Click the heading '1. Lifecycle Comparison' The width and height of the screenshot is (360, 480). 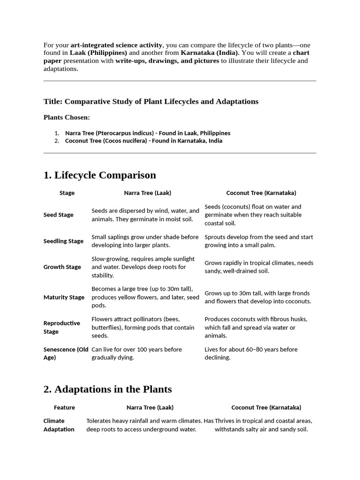coord(99,175)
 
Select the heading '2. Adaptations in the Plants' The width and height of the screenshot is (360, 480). coord(107,389)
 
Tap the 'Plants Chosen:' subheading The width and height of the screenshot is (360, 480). coord(67,117)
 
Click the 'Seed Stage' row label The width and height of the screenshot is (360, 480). coord(59,215)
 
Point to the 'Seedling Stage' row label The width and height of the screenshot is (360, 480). coord(63,241)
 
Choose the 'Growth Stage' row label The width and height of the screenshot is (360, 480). coord(62,267)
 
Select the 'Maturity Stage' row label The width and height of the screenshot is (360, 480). coord(64,297)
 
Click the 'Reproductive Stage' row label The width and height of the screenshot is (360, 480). coord(61,327)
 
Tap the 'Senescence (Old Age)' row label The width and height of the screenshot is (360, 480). coord(66,353)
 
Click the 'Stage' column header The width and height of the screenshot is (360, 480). coord(67,193)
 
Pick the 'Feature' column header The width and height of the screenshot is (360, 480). coord(64,407)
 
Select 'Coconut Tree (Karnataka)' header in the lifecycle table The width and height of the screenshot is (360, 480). coord(261,193)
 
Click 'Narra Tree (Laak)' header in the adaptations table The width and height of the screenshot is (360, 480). coord(150,407)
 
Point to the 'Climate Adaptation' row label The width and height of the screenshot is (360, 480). coord(59,425)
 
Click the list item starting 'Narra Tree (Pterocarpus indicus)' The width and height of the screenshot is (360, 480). coord(148,133)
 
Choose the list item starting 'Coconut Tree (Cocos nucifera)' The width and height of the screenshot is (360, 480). coord(143,141)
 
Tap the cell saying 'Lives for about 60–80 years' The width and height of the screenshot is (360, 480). coord(251,353)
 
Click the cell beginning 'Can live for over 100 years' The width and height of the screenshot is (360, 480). coord(136,353)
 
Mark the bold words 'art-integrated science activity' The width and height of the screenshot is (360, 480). coord(116,45)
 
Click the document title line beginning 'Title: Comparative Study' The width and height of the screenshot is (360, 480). coord(151,101)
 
